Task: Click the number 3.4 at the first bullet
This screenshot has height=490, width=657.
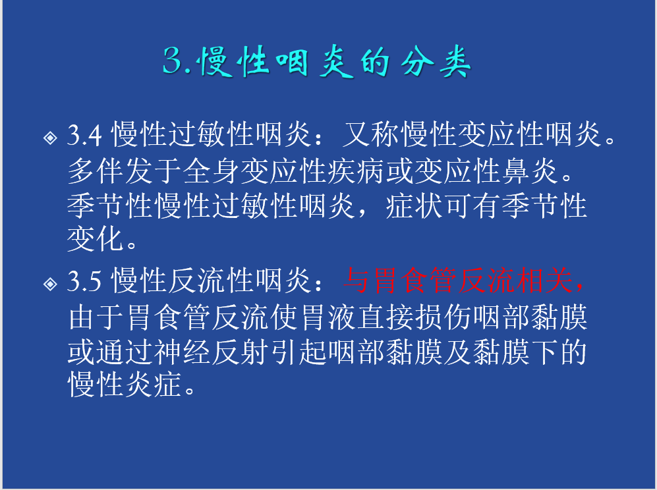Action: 84,135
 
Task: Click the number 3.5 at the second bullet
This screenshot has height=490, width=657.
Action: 84,281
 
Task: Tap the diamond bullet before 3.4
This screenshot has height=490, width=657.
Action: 50,138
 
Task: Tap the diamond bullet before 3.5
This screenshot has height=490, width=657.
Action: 50,284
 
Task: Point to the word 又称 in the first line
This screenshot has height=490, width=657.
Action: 371,135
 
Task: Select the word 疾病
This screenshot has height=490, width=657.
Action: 357,171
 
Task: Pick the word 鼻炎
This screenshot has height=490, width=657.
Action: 530,171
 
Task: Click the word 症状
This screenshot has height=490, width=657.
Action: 414,206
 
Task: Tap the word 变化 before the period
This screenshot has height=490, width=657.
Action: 96,239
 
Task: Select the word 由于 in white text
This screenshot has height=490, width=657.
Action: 96,317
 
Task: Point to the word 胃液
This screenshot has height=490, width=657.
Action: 328,317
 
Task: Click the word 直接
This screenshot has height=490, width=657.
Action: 385,317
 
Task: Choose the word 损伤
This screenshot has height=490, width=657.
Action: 443,317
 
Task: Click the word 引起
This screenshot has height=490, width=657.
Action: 299,352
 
